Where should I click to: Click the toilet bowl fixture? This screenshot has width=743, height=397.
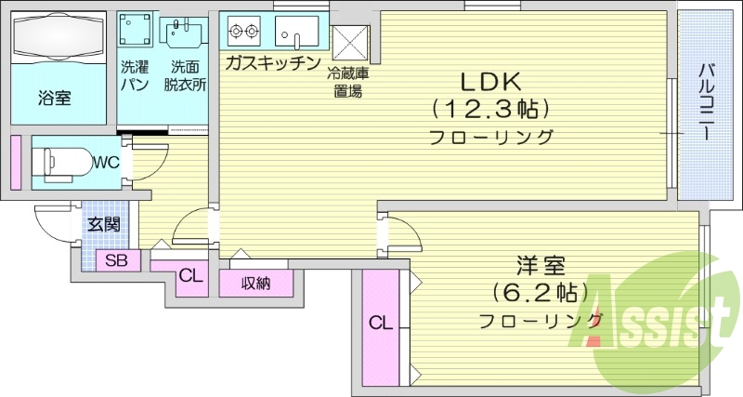click(x=66, y=161)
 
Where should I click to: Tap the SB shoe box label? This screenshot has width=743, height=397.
click(x=116, y=260)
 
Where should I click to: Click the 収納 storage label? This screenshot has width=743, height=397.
click(x=255, y=284)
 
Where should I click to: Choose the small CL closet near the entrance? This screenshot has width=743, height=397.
click(x=190, y=275)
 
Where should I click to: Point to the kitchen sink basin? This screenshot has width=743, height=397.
click(x=297, y=32)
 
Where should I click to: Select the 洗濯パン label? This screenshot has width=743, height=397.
click(x=136, y=75)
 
